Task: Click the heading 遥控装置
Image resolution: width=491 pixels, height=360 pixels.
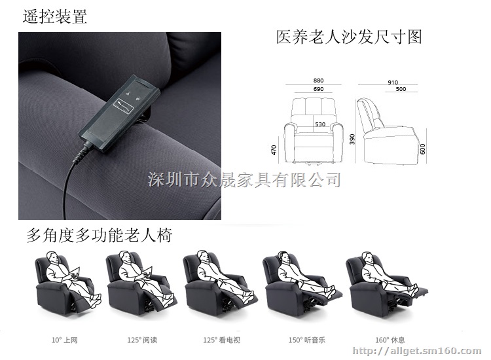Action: [55, 16]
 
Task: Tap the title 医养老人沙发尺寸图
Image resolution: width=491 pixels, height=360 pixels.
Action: [349, 37]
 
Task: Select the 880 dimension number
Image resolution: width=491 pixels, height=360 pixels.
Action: [318, 81]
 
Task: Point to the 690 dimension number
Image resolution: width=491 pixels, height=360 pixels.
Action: [318, 89]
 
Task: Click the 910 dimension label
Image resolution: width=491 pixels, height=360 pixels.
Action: [393, 82]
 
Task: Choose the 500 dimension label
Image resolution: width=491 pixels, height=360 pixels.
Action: [401, 89]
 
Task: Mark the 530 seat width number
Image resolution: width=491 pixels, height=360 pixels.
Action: [320, 124]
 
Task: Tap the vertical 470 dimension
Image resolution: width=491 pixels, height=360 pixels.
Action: [274, 150]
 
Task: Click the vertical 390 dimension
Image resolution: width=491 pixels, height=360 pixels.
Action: [352, 139]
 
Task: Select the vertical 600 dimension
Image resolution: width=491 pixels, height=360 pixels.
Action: [422, 149]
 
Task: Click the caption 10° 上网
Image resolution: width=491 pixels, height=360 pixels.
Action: [65, 340]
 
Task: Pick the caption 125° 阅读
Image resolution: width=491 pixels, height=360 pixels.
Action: [142, 340]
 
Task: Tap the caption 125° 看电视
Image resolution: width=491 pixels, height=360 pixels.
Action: [222, 340]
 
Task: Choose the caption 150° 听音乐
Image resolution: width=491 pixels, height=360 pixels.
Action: [307, 340]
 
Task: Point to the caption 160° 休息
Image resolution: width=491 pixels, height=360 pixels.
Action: [390, 340]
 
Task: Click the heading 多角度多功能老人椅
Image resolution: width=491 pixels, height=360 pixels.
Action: [100, 236]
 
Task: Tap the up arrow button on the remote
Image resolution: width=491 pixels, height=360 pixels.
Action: [128, 94]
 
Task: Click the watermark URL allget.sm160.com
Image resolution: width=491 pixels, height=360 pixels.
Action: [417, 351]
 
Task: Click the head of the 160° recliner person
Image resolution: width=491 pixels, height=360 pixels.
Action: [367, 257]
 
